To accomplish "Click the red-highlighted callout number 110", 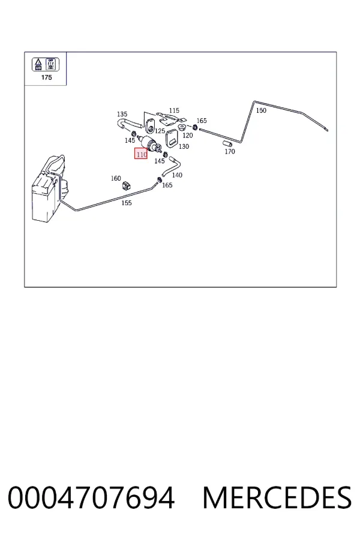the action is (x=141, y=155).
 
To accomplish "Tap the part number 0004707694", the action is (x=91, y=497).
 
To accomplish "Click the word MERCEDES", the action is (x=277, y=497).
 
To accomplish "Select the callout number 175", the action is (x=47, y=77).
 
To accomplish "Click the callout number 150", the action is (x=261, y=110).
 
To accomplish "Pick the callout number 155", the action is (x=127, y=203).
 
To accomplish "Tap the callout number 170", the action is (x=230, y=152).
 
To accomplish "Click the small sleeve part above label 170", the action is (x=227, y=143).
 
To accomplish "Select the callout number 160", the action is (x=116, y=178).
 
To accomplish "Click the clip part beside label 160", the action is (x=126, y=186).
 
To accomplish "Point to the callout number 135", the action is (x=122, y=114).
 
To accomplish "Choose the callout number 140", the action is (x=177, y=175).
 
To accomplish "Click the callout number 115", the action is (x=174, y=110).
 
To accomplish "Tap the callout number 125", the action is (x=160, y=131).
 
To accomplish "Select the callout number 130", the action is (x=184, y=146).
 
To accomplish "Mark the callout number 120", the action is (x=188, y=136).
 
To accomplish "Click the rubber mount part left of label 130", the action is (x=171, y=138).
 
